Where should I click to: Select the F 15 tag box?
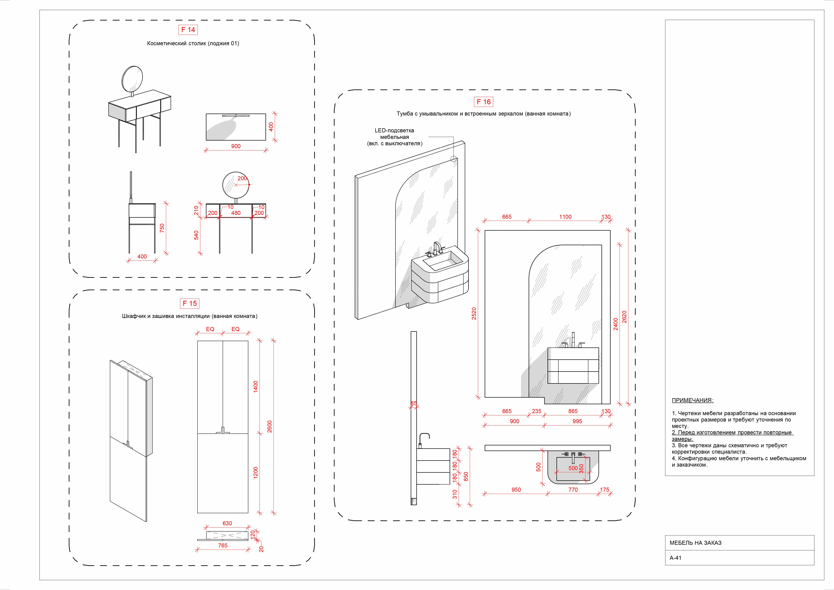190,303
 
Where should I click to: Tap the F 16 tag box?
483,102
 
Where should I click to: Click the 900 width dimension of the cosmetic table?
236,146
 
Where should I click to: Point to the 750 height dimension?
162,228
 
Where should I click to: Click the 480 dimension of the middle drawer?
236,213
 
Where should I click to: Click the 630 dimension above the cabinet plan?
227,523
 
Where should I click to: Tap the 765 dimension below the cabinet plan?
223,545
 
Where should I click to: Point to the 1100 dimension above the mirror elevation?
565,217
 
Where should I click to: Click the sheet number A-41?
676,558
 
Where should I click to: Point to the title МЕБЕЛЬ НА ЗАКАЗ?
695,543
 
